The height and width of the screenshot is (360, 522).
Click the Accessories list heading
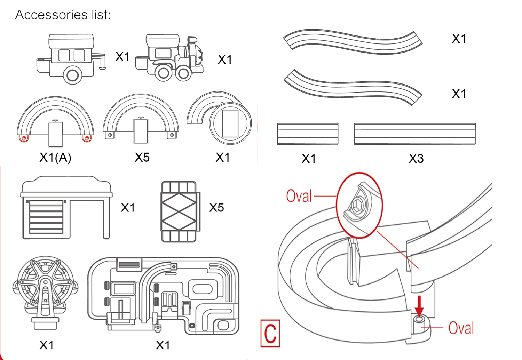(x=63, y=15)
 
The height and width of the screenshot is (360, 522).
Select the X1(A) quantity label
(x=55, y=158)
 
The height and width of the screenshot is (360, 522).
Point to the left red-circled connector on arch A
(x=24, y=138)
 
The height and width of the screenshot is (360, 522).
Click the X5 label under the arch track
(x=142, y=158)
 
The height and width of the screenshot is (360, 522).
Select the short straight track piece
(x=308, y=134)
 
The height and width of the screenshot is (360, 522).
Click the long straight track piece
(x=414, y=134)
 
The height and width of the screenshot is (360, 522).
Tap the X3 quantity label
(x=416, y=159)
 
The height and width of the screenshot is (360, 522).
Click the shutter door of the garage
(x=46, y=217)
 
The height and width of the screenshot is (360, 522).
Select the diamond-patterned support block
(x=179, y=211)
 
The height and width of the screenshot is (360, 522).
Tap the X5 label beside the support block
(x=216, y=208)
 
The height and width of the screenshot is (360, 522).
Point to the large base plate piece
(x=164, y=296)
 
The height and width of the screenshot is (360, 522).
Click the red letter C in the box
(x=270, y=334)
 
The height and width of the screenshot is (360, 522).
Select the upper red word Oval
(x=299, y=196)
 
